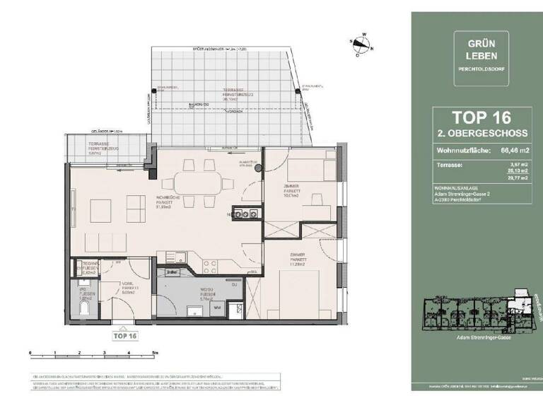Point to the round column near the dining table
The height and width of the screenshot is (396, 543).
tap(258, 167)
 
